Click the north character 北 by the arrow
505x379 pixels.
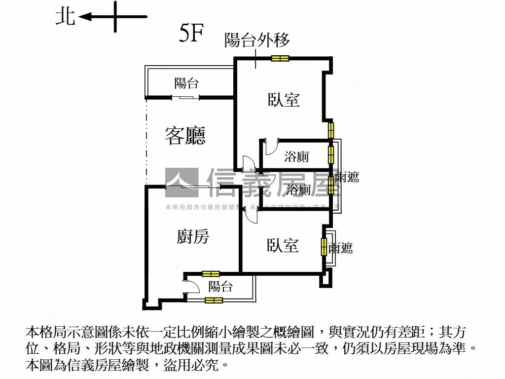click(x=65, y=17)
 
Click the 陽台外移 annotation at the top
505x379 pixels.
click(x=257, y=40)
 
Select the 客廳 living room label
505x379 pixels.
click(x=185, y=135)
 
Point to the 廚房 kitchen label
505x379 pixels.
click(x=193, y=237)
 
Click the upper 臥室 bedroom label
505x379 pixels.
click(x=284, y=100)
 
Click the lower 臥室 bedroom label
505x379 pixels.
click(x=283, y=245)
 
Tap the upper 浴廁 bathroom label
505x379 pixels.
click(x=297, y=157)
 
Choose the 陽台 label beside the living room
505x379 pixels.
click(x=186, y=83)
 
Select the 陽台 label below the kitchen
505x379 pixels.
click(x=220, y=286)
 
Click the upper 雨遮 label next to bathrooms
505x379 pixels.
click(x=347, y=177)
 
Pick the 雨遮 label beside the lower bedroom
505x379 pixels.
click(x=341, y=248)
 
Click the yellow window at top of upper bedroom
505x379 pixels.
click(x=280, y=59)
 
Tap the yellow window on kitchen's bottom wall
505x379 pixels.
click(x=211, y=273)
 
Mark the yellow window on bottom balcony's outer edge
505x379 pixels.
click(x=214, y=300)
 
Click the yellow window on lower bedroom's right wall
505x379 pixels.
click(x=324, y=246)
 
